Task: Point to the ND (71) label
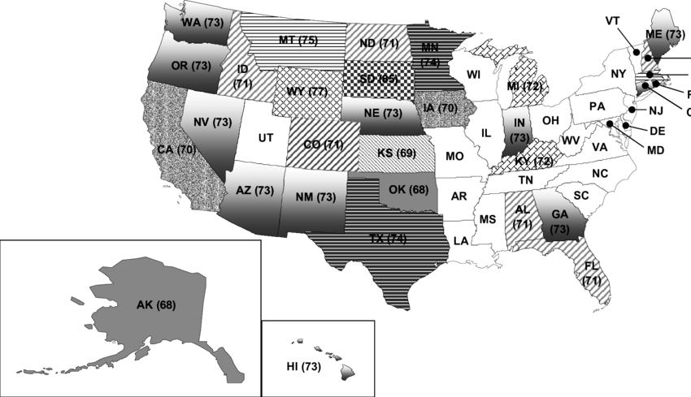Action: (x=377, y=42)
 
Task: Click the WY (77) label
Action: (x=307, y=91)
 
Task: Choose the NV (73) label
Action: (x=213, y=123)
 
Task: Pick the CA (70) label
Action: (x=176, y=149)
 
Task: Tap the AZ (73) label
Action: (x=254, y=191)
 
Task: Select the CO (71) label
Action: (x=322, y=145)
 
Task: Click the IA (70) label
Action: (x=440, y=108)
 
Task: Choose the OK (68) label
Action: (x=408, y=191)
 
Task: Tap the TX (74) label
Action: (x=387, y=239)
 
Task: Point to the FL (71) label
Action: (x=592, y=274)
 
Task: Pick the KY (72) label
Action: (x=533, y=161)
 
